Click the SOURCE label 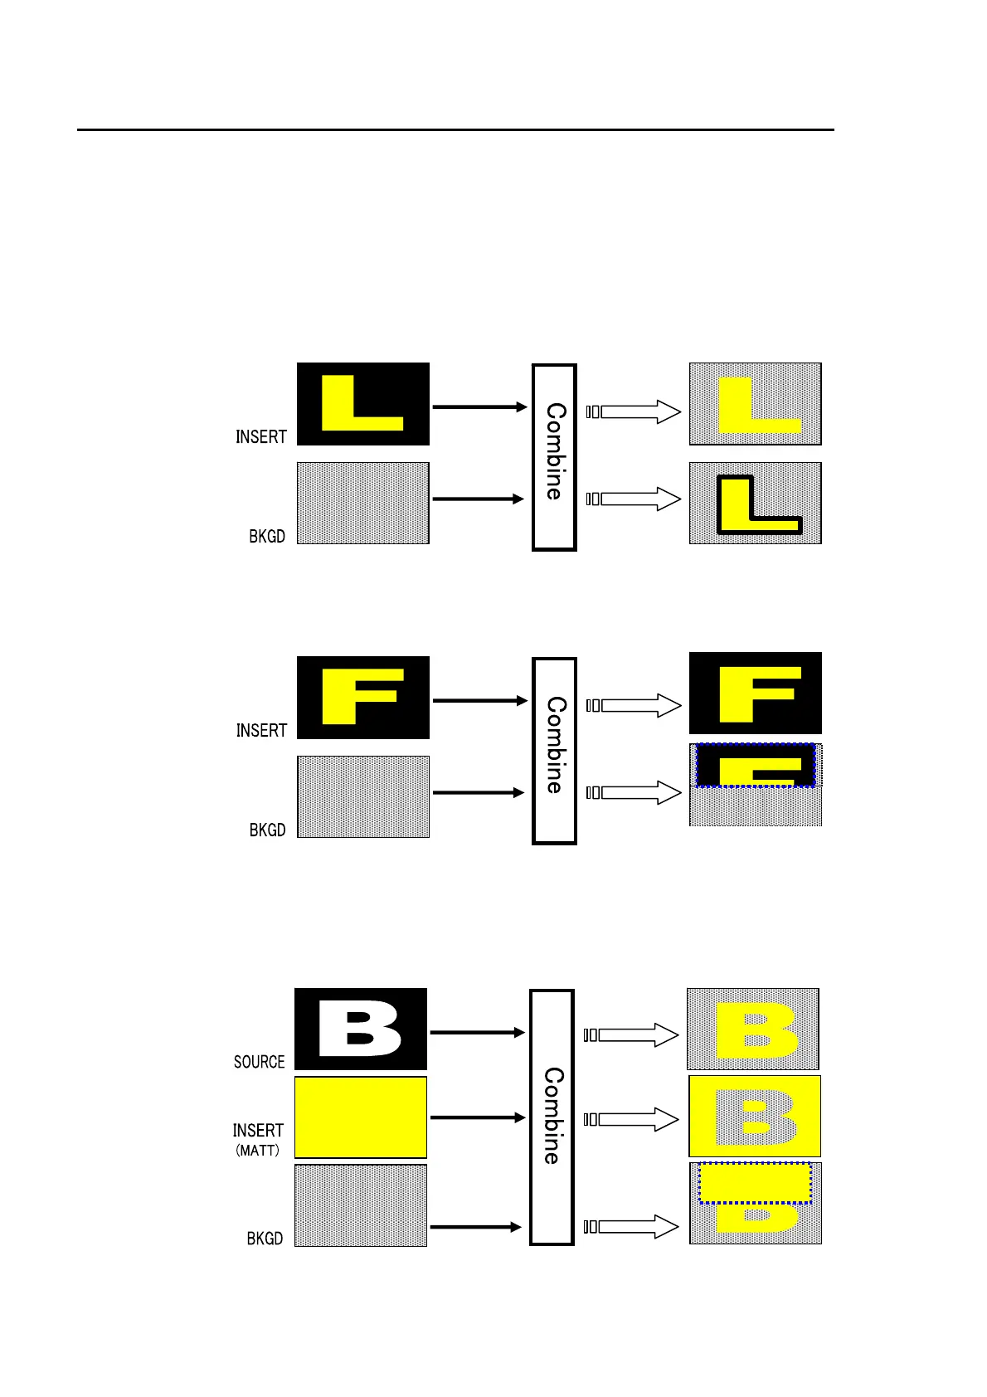click(259, 1061)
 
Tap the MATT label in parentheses click(258, 1151)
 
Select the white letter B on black click(360, 1029)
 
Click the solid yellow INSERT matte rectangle click(361, 1117)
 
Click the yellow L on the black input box click(357, 404)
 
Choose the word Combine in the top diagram click(555, 451)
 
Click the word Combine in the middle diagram click(555, 745)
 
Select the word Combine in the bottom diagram click(552, 1115)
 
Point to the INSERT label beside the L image click(260, 436)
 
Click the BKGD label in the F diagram click(267, 830)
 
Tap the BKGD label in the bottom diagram click(265, 1238)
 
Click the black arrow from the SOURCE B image click(477, 1032)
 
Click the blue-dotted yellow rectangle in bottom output click(755, 1182)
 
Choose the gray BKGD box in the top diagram click(363, 503)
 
